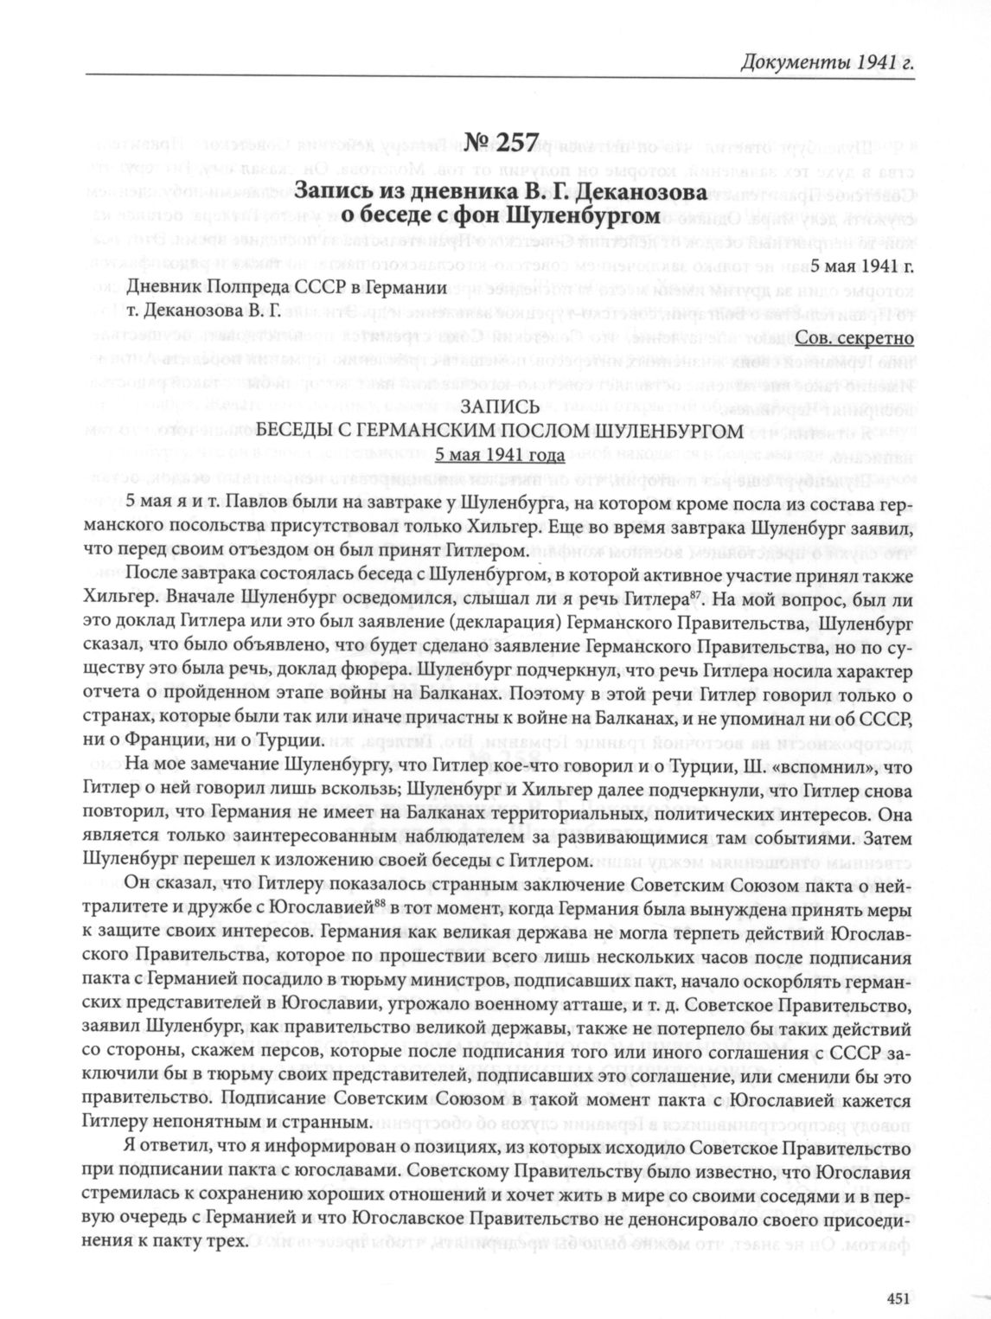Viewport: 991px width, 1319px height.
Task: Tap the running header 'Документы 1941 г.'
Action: (827, 61)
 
